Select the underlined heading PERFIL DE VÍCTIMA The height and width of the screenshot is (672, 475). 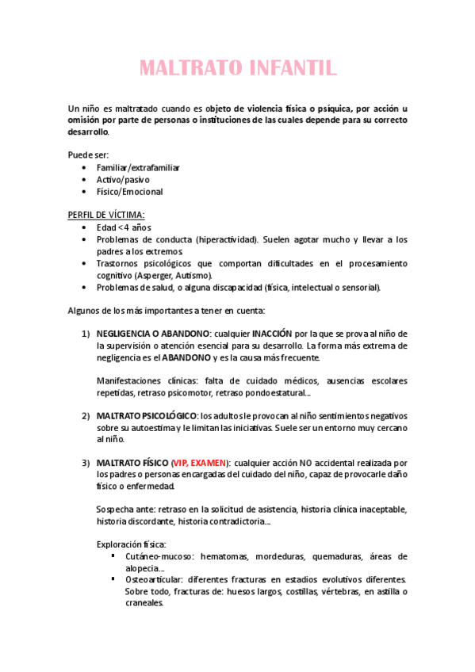coord(106,214)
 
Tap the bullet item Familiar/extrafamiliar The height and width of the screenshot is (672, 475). coord(138,168)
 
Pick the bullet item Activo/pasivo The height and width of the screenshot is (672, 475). coord(123,180)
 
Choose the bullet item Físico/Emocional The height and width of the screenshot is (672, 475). coord(129,192)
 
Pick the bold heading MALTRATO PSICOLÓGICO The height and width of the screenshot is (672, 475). coord(146,415)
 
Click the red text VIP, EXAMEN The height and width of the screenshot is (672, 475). coord(200,463)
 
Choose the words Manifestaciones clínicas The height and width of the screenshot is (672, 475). coord(142,380)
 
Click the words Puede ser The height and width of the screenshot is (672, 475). coord(88,155)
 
